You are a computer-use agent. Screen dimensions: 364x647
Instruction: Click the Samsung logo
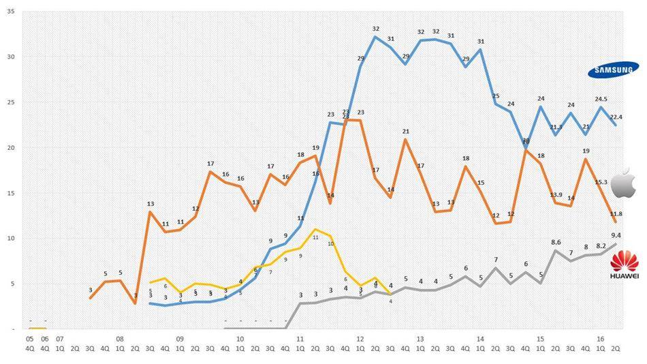(x=614, y=69)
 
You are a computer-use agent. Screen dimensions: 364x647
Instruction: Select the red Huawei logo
(x=624, y=264)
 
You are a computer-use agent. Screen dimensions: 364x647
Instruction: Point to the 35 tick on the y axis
(x=9, y=12)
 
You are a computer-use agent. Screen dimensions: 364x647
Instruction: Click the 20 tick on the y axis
(x=9, y=148)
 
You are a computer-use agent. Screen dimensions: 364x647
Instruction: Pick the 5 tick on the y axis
(x=10, y=284)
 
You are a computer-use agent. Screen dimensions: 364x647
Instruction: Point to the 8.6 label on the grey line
(x=556, y=242)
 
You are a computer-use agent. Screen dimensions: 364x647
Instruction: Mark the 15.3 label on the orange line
(x=601, y=182)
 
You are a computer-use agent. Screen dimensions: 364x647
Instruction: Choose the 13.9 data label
(x=556, y=195)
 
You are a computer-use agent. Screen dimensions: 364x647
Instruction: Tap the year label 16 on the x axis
(x=600, y=337)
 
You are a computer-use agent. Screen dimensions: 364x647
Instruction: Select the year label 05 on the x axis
(x=29, y=337)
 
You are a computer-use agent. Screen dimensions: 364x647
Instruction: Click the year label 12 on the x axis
(x=360, y=337)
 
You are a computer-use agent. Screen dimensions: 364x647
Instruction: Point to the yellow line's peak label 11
(x=315, y=237)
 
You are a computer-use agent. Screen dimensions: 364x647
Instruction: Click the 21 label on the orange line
(x=405, y=132)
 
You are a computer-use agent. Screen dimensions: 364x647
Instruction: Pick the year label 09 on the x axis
(x=180, y=337)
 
